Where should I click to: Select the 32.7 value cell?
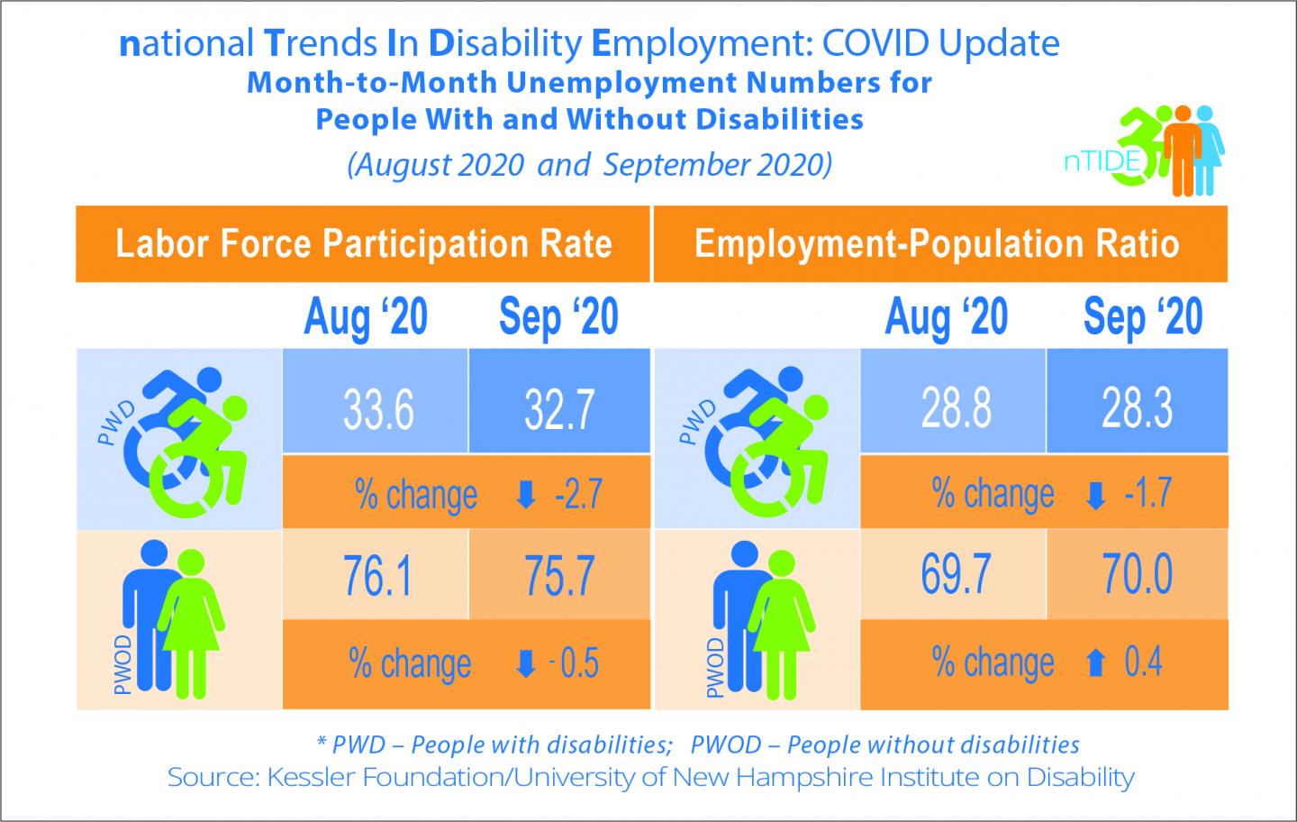pyautogui.click(x=559, y=410)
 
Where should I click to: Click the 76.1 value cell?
pyautogui.click(x=377, y=577)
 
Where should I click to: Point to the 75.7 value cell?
pyautogui.click(x=559, y=577)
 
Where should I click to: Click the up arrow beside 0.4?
pyautogui.click(x=1095, y=664)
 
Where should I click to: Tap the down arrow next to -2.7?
pyautogui.click(x=526, y=495)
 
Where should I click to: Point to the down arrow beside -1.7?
pyautogui.click(x=1095, y=495)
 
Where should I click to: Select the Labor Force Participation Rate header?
pyautogui.click(x=363, y=244)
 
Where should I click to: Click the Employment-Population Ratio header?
pyautogui.click(x=937, y=244)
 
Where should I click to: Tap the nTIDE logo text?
pyautogui.click(x=1101, y=163)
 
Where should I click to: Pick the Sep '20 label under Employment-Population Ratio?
pyautogui.click(x=1142, y=317)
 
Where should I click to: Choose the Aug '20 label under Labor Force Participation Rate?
pyautogui.click(x=366, y=317)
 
